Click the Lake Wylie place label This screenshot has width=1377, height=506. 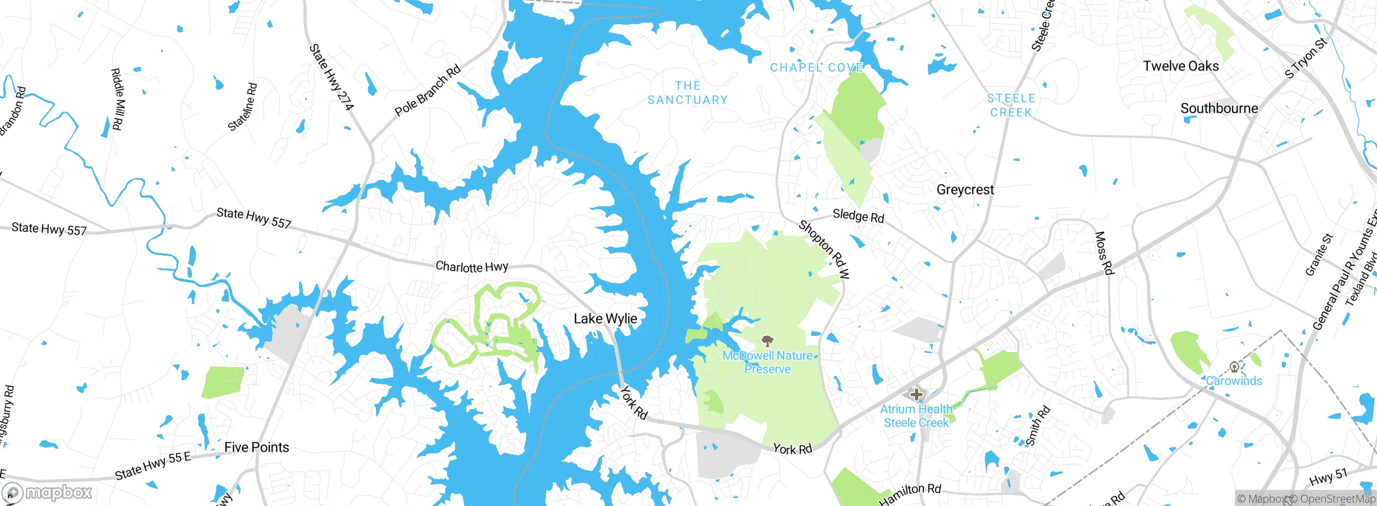(x=605, y=319)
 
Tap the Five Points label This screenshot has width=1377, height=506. (x=257, y=447)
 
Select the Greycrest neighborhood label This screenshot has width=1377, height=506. (x=965, y=189)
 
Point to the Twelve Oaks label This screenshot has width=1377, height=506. (x=1181, y=66)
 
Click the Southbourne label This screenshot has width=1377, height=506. (x=1219, y=108)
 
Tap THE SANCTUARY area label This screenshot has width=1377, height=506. (x=687, y=93)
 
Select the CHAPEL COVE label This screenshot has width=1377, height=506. (x=817, y=67)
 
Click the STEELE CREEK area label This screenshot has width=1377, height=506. (x=1011, y=105)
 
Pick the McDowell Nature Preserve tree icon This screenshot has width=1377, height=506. (x=768, y=340)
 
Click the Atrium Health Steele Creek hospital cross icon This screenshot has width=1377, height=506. (x=916, y=394)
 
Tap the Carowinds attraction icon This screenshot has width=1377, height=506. (x=1234, y=367)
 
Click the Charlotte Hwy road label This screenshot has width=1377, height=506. (x=472, y=266)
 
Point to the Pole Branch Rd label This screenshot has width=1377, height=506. (x=428, y=90)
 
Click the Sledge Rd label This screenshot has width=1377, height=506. (x=858, y=216)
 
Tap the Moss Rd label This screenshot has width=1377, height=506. (x=1104, y=253)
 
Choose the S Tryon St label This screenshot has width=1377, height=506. (x=1306, y=58)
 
